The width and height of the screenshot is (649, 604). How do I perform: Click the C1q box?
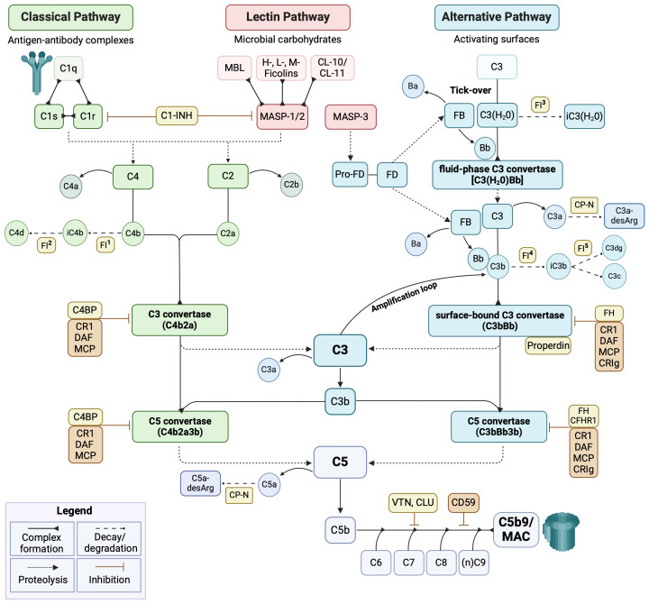coord(69,69)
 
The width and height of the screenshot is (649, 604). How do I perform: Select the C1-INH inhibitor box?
coord(177,115)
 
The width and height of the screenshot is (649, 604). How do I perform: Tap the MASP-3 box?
coord(351,116)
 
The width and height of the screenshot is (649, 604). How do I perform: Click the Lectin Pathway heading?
coord(288,17)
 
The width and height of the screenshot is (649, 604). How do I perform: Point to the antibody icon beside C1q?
coord(37,72)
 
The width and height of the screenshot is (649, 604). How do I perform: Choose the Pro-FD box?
coord(350,174)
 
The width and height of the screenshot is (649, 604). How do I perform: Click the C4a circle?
coord(71,187)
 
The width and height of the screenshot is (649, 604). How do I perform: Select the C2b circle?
coord(291,185)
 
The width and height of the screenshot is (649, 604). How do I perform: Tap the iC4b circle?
coord(75,233)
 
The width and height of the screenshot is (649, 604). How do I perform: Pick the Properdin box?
coord(548,345)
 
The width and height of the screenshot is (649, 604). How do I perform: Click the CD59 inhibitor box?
coord(463,502)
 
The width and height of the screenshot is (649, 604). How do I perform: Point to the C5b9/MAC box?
coord(516,530)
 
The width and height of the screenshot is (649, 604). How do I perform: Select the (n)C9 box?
coord(473,563)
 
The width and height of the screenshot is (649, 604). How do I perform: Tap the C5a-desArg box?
coord(200,483)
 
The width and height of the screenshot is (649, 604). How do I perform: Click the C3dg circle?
coord(614,248)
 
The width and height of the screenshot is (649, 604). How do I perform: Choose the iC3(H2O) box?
coord(584,116)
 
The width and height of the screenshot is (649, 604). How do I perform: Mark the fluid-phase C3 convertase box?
coord(497,175)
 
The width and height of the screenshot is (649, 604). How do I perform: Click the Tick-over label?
coord(471,90)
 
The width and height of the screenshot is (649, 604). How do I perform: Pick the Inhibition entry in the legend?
coord(109,575)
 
